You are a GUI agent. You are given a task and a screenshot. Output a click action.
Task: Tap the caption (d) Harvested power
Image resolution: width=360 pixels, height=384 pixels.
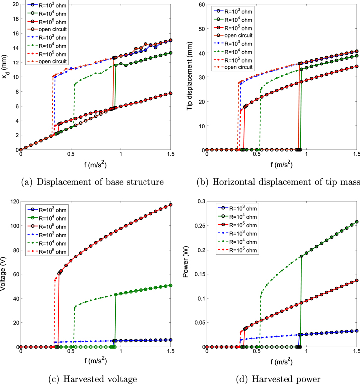click(x=277, y=379)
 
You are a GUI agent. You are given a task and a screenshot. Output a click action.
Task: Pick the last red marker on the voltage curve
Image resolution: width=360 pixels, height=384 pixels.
click(x=171, y=205)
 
